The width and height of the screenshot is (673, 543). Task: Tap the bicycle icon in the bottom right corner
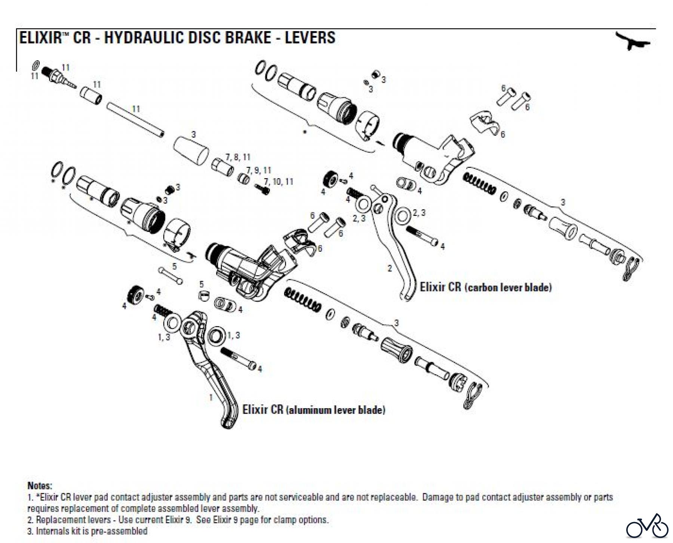pos(647,527)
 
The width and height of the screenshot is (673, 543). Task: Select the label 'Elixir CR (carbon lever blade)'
pos(486,287)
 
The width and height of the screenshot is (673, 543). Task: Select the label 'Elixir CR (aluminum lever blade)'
pos(314,410)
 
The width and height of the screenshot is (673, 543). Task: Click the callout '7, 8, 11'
pos(238,157)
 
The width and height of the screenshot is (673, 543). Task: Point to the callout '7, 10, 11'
pos(279,182)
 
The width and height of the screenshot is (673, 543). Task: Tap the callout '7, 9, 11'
pos(258,170)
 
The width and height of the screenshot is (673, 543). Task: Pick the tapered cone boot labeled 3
pos(191,150)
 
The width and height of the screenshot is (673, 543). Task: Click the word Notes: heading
pos(40,486)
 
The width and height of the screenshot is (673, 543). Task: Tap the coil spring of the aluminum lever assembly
pos(302,299)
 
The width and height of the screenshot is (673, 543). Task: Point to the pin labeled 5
pos(170,276)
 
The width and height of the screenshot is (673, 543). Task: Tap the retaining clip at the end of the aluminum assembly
pos(472,396)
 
